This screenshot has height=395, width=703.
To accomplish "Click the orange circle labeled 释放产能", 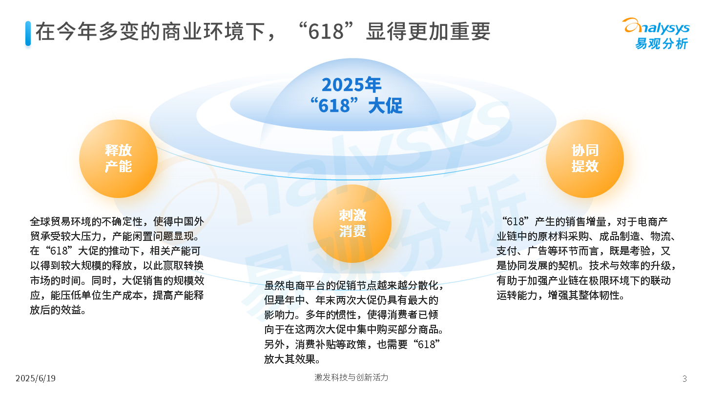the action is click(x=118, y=158).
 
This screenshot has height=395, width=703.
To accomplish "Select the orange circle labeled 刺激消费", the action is click(x=352, y=223).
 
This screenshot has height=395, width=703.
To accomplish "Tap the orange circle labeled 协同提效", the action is click(x=585, y=158).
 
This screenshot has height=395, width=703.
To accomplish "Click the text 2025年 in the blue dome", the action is click(x=351, y=85).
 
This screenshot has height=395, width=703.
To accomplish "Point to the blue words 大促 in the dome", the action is click(x=385, y=106).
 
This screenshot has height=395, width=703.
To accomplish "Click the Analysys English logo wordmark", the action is click(x=656, y=27).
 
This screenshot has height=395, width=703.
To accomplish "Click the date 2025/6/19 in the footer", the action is click(x=36, y=378).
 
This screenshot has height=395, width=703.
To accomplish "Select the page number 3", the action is click(x=684, y=379).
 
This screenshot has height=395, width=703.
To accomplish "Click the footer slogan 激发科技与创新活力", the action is click(x=351, y=377).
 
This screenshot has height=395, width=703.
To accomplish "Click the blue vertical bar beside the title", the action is click(x=28, y=34).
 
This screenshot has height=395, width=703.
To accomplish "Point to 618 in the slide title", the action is click(x=326, y=32).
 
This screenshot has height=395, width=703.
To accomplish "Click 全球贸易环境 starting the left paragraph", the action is click(x=61, y=221).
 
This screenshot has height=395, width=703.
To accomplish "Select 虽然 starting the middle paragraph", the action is click(x=274, y=285).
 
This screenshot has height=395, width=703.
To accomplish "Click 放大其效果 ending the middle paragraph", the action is click(x=289, y=359).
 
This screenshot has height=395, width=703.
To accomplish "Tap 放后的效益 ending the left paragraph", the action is click(x=55, y=310).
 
